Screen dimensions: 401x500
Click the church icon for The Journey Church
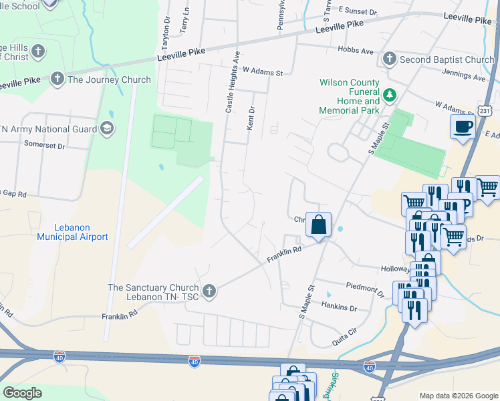57,80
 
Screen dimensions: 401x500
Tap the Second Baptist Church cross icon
390,60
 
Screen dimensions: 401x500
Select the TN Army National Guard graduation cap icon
106,128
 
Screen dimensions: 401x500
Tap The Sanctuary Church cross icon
209,291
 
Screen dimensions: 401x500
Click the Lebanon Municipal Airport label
72,233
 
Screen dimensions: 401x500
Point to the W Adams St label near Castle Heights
263,70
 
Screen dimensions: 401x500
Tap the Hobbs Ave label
357,51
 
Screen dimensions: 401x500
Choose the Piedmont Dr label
366,289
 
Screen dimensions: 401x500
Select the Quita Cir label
346,342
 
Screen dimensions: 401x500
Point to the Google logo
22,393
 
